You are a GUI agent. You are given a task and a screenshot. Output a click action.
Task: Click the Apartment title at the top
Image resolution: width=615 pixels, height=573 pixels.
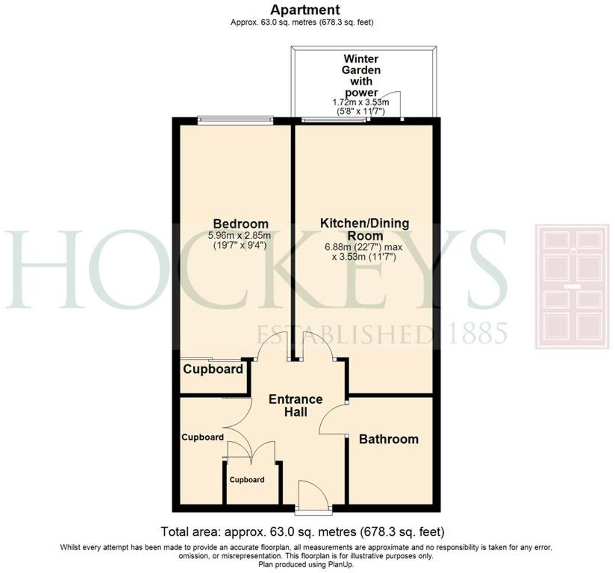(x=305, y=10)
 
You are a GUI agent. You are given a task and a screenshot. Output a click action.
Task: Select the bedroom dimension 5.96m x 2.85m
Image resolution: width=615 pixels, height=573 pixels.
(x=239, y=235)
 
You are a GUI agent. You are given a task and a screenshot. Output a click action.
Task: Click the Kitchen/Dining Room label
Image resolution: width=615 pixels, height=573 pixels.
(x=365, y=229)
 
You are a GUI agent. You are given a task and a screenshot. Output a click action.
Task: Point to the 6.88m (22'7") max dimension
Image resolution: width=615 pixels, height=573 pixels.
(x=363, y=247)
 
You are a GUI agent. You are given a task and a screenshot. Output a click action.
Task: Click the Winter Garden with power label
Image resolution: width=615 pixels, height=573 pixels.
(x=361, y=76)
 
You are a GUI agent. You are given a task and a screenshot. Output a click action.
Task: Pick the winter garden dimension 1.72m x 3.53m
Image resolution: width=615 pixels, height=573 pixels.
(x=361, y=102)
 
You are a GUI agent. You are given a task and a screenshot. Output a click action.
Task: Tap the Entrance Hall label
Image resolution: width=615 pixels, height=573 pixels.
(x=295, y=405)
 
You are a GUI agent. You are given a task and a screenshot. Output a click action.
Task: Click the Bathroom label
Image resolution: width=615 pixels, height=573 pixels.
(x=389, y=439)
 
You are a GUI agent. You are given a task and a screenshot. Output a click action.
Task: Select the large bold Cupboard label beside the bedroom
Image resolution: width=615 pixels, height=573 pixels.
(x=213, y=369)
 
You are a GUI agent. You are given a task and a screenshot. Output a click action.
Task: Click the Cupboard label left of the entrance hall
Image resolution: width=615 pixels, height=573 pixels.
(x=203, y=437)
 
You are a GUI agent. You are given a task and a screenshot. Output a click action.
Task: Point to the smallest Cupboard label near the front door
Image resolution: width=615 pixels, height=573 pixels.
(x=247, y=480)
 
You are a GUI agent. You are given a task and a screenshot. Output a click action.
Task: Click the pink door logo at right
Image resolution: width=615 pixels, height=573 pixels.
(x=572, y=286)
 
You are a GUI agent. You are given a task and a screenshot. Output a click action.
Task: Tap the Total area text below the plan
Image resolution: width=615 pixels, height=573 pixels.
(x=302, y=531)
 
